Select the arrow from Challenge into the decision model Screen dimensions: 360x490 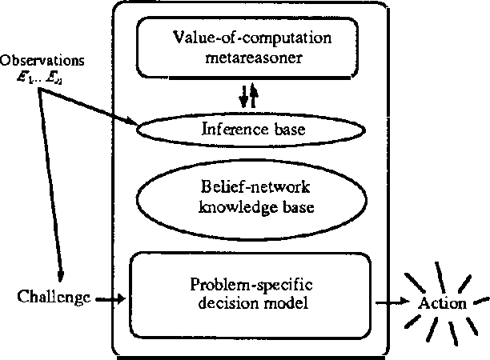[x=110, y=300]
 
